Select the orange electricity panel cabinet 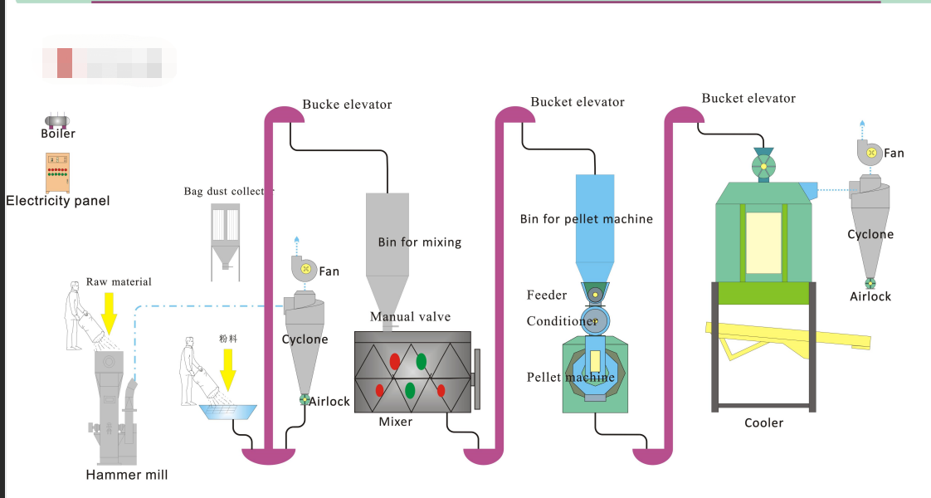(x=57, y=173)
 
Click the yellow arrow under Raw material (x=109, y=312)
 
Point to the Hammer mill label (x=126, y=475)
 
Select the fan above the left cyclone (x=305, y=268)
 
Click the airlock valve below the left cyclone (x=305, y=400)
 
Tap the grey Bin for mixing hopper (x=388, y=249)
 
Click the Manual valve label (x=410, y=316)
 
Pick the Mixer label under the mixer (x=396, y=422)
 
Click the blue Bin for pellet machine (x=595, y=224)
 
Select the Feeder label (x=547, y=295)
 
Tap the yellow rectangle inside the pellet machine (x=595, y=360)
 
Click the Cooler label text (x=763, y=422)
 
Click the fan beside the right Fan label (x=868, y=152)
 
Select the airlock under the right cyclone (x=870, y=283)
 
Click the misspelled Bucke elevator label (x=347, y=105)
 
